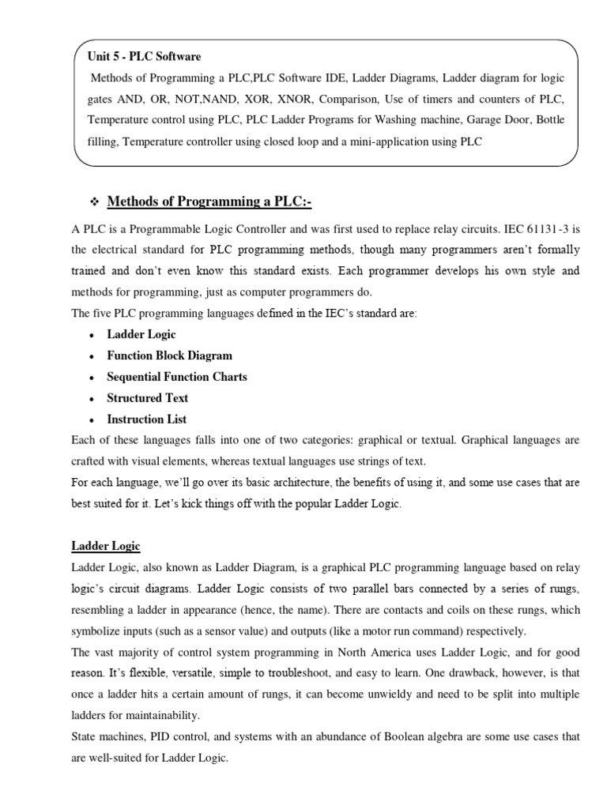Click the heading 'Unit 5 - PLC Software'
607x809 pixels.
coord(146,57)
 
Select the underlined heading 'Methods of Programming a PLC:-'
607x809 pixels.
coord(209,204)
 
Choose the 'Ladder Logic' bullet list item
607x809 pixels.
coord(141,334)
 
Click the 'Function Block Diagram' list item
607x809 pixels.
coord(170,356)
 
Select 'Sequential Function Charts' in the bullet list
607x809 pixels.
coord(177,377)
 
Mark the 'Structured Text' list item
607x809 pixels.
coord(148,398)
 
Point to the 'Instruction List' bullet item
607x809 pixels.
coord(147,420)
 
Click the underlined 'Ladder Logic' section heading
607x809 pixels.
coord(106,547)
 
